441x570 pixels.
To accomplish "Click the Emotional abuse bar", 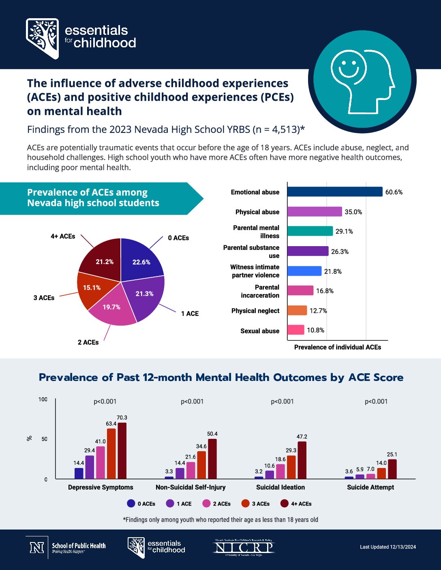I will [x=335, y=191].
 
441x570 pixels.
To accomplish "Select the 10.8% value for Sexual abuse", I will [x=315, y=330].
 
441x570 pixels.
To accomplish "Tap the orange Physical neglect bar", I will [x=297, y=311].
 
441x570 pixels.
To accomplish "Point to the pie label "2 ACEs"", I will [x=88, y=342].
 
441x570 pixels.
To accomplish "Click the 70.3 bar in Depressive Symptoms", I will [x=122, y=451].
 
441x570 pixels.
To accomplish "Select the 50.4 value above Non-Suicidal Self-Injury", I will [x=212, y=434].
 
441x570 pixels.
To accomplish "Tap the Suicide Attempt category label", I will [x=370, y=487].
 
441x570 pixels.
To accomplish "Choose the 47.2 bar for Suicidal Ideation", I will [x=302, y=460].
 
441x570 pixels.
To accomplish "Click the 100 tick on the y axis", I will [x=43, y=400].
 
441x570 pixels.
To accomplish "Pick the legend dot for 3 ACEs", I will [x=245, y=504].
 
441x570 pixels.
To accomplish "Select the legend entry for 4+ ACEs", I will [x=296, y=504].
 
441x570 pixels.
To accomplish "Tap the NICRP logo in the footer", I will [x=244, y=548].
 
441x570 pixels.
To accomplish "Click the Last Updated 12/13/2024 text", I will [x=388, y=547].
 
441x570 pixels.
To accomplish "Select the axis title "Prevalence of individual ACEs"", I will [x=338, y=347].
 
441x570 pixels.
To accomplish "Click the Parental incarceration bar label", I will [x=260, y=291].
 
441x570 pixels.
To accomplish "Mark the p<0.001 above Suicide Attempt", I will [x=376, y=402].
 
